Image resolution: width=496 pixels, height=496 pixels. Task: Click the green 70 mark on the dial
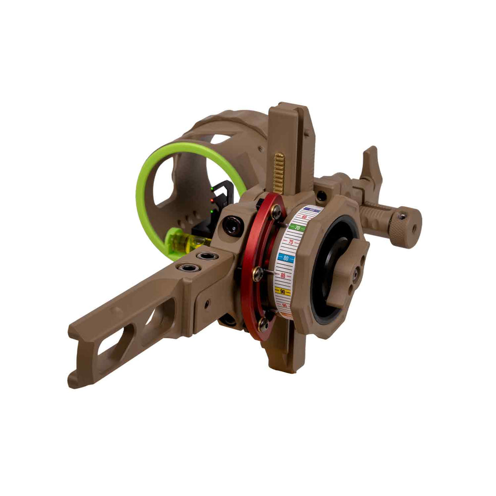coord(297,228)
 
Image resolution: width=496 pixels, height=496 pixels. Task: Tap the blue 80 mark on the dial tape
coord(286,258)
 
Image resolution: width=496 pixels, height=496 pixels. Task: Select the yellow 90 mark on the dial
coord(283,292)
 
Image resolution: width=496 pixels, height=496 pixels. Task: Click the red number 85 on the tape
coord(283,275)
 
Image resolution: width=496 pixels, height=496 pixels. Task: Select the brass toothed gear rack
coord(279,173)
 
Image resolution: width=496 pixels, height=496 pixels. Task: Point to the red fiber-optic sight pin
coord(212,200)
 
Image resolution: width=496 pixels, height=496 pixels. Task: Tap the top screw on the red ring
coord(276,212)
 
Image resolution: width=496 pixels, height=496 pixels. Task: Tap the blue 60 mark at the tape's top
coord(311,210)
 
